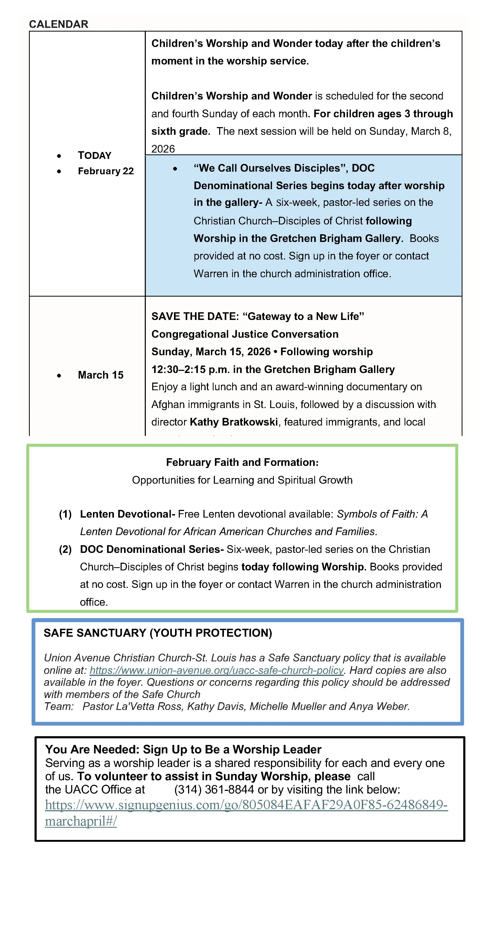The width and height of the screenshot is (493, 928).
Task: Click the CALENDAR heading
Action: coord(58,24)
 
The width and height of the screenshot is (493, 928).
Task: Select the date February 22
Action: coord(106,171)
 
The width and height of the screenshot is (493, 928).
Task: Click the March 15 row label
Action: coord(101,375)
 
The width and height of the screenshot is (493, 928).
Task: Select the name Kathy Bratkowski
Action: coord(234,422)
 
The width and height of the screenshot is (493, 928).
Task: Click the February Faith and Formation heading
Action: coord(242,462)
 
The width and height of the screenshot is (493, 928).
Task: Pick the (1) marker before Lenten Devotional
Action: coord(65,514)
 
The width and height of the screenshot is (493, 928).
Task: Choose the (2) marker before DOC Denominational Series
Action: coord(65,549)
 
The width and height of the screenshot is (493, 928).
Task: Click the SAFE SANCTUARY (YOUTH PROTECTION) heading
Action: coord(158,633)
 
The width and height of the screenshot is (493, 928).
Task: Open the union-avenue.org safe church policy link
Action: coord(216,670)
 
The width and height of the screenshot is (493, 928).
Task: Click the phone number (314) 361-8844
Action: coord(214,790)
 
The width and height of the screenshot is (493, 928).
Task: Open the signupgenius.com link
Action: coord(246,805)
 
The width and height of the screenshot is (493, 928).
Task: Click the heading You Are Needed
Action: coord(92,749)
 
